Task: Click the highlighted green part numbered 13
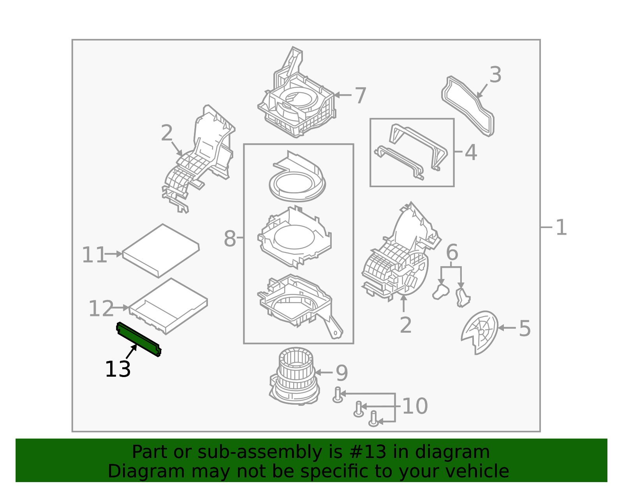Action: pyautogui.click(x=139, y=339)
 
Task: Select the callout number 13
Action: pyautogui.click(x=118, y=369)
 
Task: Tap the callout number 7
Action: pyautogui.click(x=361, y=96)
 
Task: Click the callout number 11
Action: pyautogui.click(x=94, y=254)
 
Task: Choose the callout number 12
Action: pyautogui.click(x=101, y=309)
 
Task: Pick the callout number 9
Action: pyautogui.click(x=342, y=373)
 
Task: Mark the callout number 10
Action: pyautogui.click(x=415, y=406)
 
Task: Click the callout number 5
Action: pyautogui.click(x=525, y=328)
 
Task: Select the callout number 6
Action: pyautogui.click(x=452, y=252)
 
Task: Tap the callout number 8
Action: pyautogui.click(x=230, y=239)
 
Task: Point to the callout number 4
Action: pyautogui.click(x=471, y=153)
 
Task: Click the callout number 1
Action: pyautogui.click(x=561, y=228)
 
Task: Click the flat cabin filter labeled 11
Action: pyautogui.click(x=161, y=251)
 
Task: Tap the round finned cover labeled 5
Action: pyautogui.click(x=480, y=332)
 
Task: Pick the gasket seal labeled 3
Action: pyautogui.click(x=468, y=106)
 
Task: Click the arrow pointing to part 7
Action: pyautogui.click(x=343, y=95)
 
